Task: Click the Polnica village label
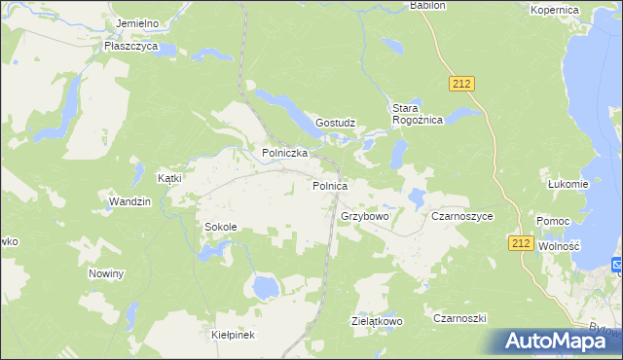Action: (330, 185)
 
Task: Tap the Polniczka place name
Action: (285, 154)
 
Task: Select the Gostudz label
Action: (336, 124)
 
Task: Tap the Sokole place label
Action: (220, 227)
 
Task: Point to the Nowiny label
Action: (106, 274)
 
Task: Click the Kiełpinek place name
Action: (233, 335)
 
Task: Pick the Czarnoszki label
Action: (459, 318)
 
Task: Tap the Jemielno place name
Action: (136, 21)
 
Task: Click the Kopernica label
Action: (555, 10)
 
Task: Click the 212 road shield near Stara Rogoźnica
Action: (461, 85)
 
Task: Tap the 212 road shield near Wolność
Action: (520, 243)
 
